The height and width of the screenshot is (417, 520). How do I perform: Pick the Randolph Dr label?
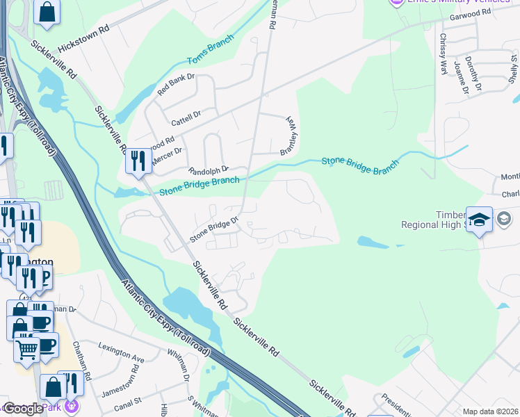pyautogui.click(x=209, y=170)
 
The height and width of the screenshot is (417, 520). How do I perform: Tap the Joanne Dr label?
pyautogui.click(x=458, y=77)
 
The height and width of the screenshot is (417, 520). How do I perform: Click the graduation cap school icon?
pyautogui.click(x=479, y=220)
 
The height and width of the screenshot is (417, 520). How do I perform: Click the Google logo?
pyautogui.click(x=22, y=409)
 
